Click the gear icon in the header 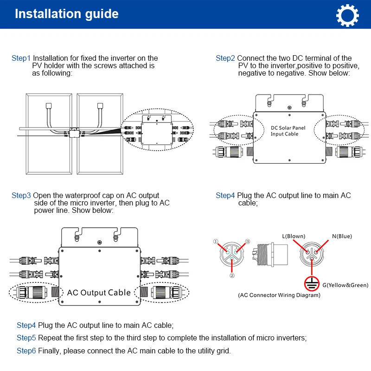point(347,14)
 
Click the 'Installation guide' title point(67,14)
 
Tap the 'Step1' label point(21,58)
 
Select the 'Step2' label point(225,58)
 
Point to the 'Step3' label point(21,196)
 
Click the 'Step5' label point(26,338)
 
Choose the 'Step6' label point(26,351)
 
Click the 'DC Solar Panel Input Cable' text point(288,131)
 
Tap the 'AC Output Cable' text point(99,293)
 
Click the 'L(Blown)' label point(294,237)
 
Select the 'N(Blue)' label point(342,237)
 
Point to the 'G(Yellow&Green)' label point(346,285)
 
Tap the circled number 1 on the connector point(216,242)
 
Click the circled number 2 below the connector point(232,275)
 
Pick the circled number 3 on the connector point(248,242)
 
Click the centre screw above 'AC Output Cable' point(99,242)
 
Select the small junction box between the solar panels point(74,132)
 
